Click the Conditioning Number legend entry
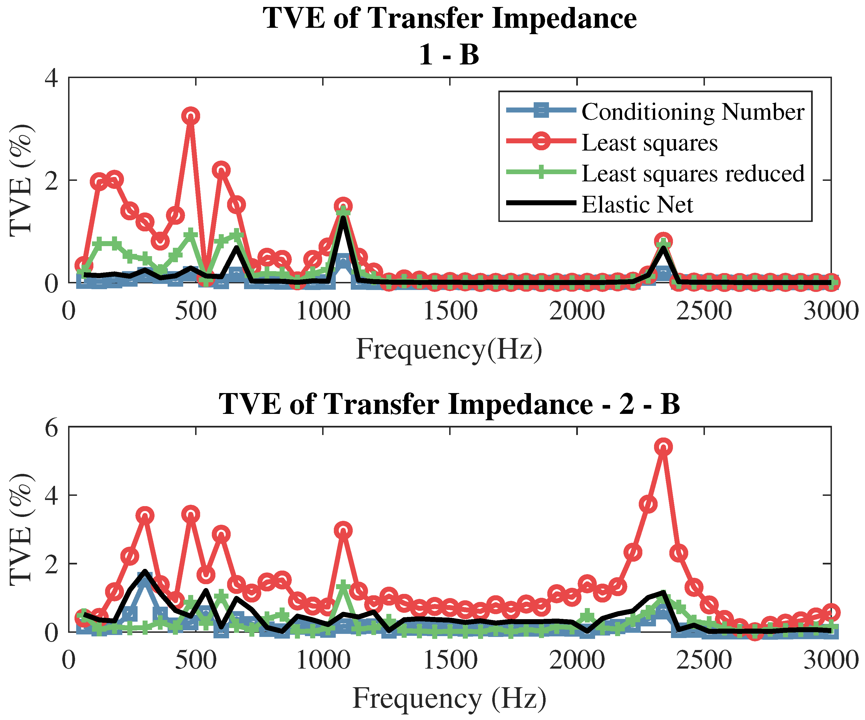click(692, 112)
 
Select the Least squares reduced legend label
click(692, 173)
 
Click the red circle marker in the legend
click(541, 141)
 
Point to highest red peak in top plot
click(190, 116)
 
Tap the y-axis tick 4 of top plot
click(51, 78)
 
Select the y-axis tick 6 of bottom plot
click(51, 429)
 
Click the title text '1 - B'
click(449, 55)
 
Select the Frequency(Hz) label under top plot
click(449, 349)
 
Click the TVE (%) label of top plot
click(21, 180)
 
